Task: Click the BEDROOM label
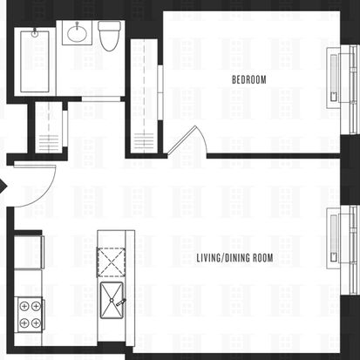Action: point(249,79)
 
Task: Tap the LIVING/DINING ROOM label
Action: point(234,258)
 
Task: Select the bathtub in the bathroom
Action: point(35,61)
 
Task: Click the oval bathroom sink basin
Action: point(77,33)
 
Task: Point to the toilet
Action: point(109,36)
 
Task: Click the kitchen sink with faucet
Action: point(112,300)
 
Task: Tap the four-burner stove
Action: point(30,315)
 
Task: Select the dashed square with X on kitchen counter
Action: point(111,262)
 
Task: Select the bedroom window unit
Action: point(343,90)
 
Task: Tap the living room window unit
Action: point(343,250)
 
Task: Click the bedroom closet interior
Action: point(144,96)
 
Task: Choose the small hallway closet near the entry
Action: point(48,126)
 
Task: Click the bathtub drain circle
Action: point(35,34)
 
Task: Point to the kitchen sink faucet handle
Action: point(120,302)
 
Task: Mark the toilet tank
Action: point(109,25)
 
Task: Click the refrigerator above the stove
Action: point(29,252)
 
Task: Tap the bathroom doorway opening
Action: point(101,99)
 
